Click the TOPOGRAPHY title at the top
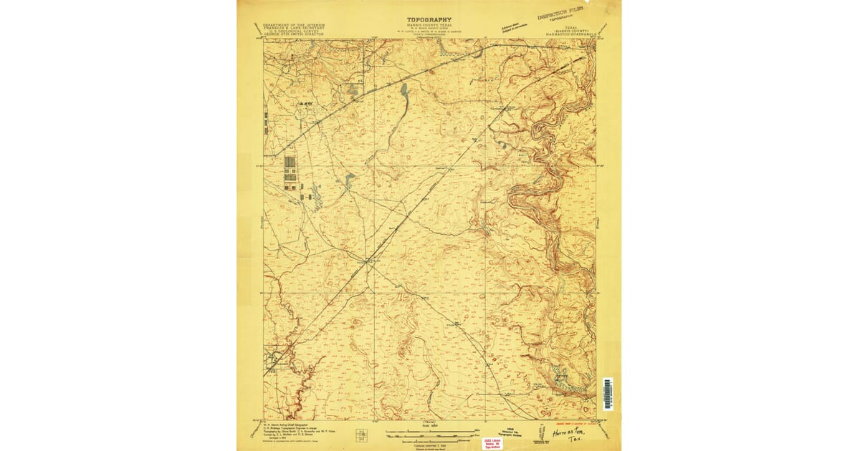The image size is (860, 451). [429, 20]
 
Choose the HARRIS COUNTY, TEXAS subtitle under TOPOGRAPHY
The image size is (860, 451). [429, 26]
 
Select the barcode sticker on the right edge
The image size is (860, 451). [608, 394]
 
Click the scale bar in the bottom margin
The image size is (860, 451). [429, 432]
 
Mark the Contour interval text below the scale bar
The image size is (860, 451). [429, 443]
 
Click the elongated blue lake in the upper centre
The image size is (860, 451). [404, 90]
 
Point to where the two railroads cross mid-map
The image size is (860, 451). [369, 261]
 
